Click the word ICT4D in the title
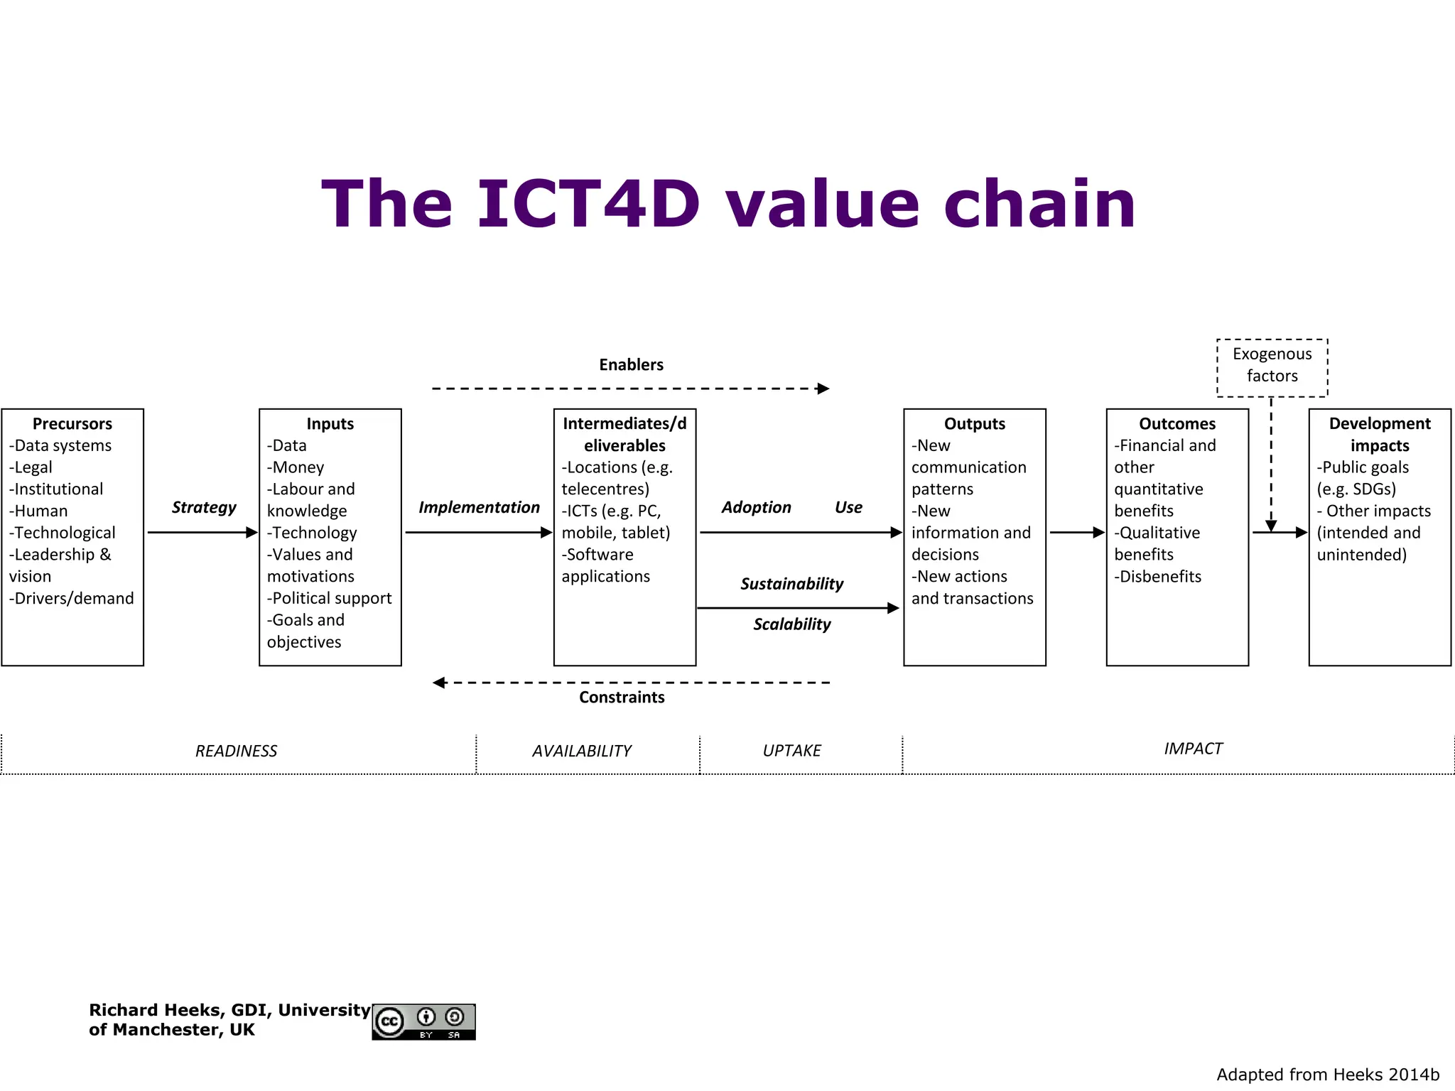tap(588, 205)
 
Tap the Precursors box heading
tap(72, 424)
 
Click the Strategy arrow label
tap(204, 507)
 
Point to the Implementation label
tap(479, 507)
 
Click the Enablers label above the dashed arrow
tap(631, 365)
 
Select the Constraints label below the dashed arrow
tap(622, 698)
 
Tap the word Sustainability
tap(791, 584)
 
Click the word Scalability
tap(791, 624)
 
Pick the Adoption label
tap(756, 507)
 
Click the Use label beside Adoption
tap(848, 507)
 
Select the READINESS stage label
tap(236, 751)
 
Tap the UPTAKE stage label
tap(791, 751)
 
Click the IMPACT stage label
tap(1193, 749)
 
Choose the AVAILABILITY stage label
tap(581, 751)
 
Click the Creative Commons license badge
tap(423, 1022)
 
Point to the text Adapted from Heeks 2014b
tap(1327, 1075)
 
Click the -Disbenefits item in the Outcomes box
tap(1157, 577)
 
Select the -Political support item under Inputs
tap(329, 599)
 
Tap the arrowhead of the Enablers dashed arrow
tap(823, 389)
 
